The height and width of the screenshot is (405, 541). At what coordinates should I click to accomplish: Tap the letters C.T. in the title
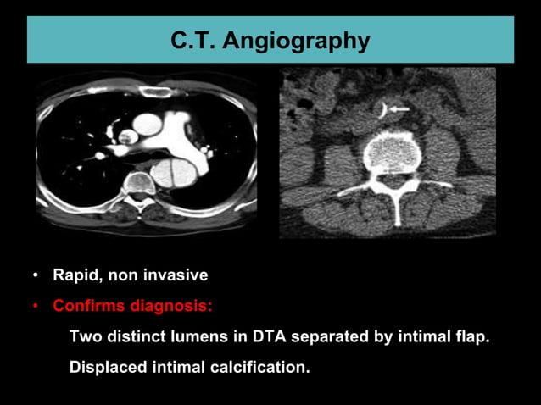point(194,40)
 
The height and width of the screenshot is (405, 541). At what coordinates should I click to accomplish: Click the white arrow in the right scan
point(399,109)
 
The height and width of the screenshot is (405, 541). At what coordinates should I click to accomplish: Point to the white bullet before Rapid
point(35,276)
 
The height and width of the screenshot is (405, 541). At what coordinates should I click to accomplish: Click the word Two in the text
point(84,336)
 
